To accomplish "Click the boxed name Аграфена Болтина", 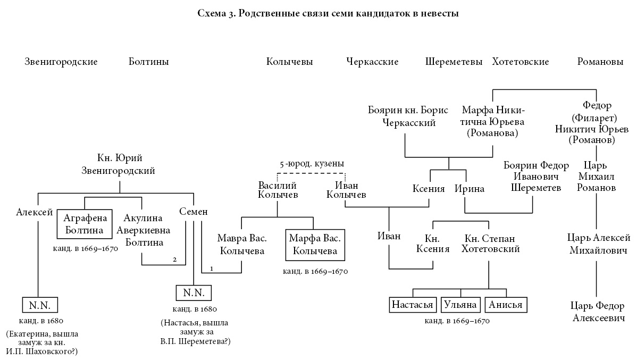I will (x=85, y=224).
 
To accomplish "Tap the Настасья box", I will (x=413, y=305).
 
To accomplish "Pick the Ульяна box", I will (x=460, y=305).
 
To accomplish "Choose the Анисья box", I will (x=506, y=305).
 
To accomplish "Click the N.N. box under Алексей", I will (x=39, y=305).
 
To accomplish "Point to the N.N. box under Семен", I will (x=194, y=293).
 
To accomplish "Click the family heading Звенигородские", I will (x=61, y=62).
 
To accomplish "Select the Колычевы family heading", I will (x=289, y=62).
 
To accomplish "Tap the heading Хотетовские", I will (x=520, y=62).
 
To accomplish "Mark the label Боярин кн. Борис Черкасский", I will (x=408, y=116).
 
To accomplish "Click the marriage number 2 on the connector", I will (x=174, y=259).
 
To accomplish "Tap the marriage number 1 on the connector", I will (x=211, y=269).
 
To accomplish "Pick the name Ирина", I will (x=470, y=189).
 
